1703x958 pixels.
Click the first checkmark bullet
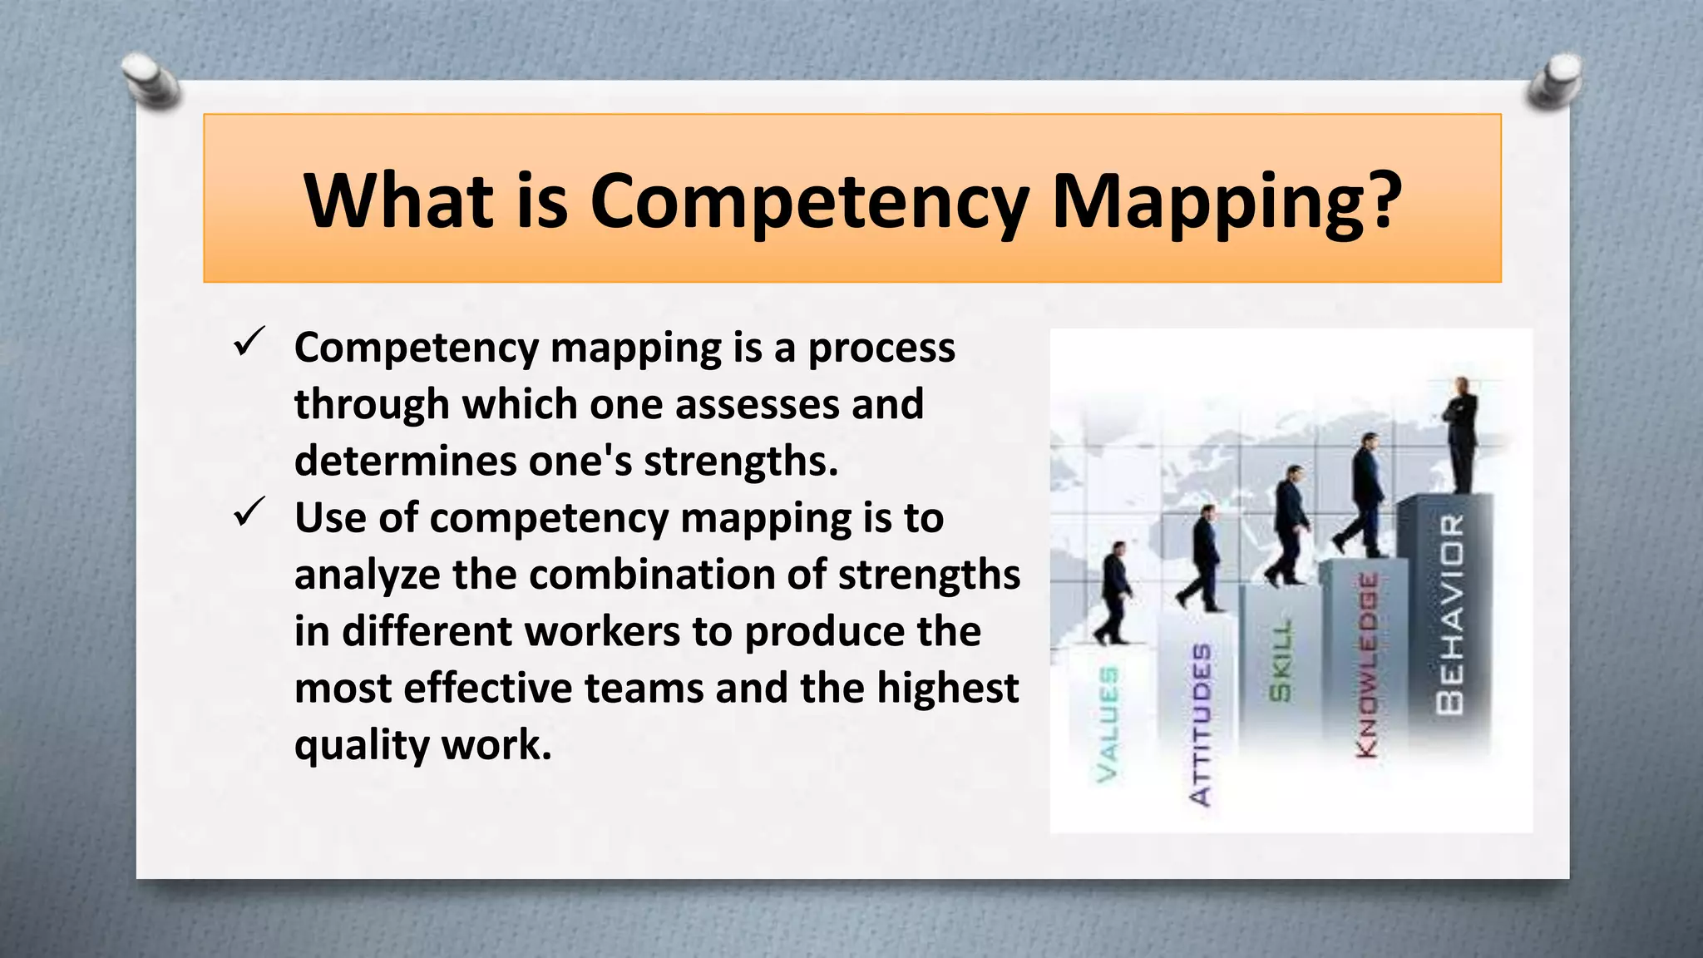click(249, 341)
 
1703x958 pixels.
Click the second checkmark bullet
click(249, 511)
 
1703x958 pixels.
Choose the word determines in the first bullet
click(405, 461)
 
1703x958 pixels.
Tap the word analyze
click(367, 575)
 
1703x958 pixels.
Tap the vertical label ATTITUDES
click(1201, 723)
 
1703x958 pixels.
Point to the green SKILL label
click(1281, 660)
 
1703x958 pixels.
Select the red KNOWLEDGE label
click(1367, 665)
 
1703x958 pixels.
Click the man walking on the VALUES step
click(1114, 592)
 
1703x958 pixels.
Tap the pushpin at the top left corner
click(150, 81)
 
